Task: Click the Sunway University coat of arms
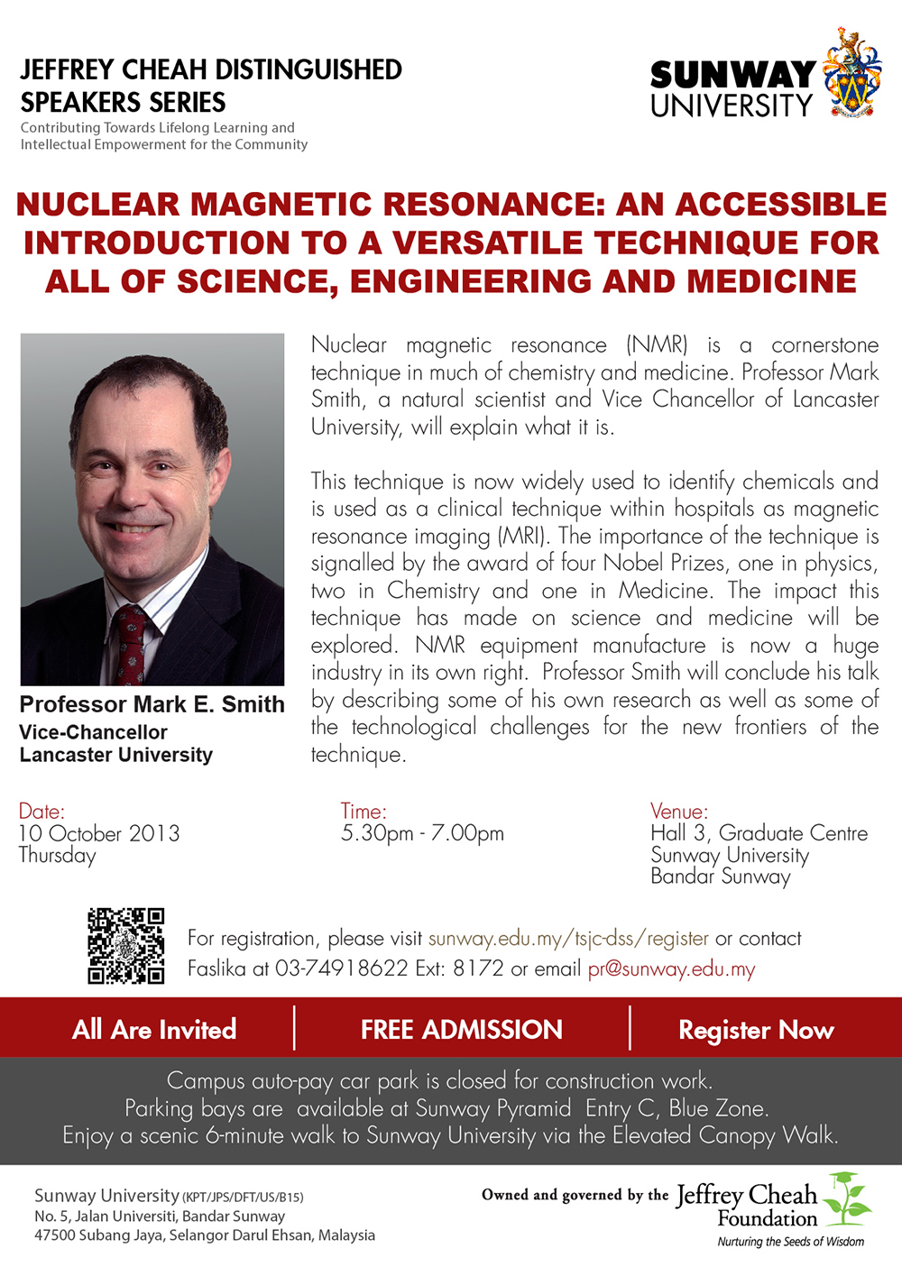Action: click(851, 72)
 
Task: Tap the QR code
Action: click(126, 946)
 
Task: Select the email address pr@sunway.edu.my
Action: click(671, 969)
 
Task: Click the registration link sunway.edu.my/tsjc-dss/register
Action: click(568, 938)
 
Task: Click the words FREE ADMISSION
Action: click(462, 1030)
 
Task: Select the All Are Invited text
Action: click(154, 1030)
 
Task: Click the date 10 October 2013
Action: click(99, 833)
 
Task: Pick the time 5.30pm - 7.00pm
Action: click(422, 833)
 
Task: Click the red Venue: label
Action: click(679, 811)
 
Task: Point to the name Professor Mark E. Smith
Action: click(152, 704)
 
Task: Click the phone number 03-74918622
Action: click(342, 968)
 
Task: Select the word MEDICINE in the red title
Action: click(771, 280)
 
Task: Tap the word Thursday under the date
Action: click(57, 856)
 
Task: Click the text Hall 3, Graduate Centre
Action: click(759, 833)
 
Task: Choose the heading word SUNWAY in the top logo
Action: click(732, 75)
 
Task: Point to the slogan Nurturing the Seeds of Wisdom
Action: click(790, 1241)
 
